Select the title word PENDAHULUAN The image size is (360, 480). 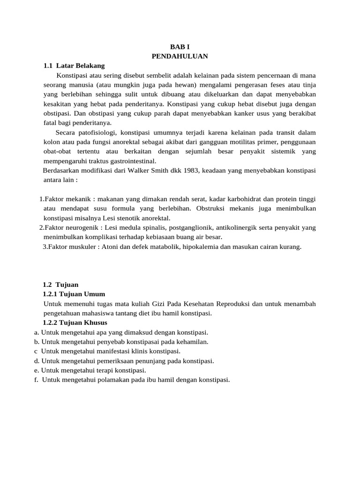click(x=180, y=56)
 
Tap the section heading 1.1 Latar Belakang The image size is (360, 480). click(x=74, y=66)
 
